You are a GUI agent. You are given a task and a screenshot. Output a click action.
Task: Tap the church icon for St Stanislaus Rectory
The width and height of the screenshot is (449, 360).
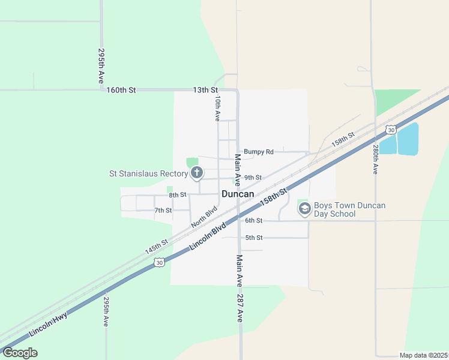click(196, 174)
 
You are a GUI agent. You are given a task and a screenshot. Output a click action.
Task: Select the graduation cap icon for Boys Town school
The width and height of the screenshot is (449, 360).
click(304, 209)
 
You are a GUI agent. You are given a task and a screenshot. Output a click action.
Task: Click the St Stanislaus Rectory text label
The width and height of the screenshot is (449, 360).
click(148, 174)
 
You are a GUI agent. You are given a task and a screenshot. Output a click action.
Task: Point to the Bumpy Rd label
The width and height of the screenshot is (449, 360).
click(259, 152)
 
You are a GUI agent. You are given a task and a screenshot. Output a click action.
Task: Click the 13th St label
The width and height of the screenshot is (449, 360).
click(205, 90)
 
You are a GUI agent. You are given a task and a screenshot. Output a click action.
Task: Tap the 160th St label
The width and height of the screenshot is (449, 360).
click(121, 90)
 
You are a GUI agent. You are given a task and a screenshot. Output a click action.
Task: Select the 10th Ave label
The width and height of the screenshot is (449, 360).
click(218, 107)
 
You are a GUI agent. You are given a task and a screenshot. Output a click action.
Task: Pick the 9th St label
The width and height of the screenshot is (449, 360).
click(253, 178)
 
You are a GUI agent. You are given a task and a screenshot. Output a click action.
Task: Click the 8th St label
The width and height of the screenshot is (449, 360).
click(178, 195)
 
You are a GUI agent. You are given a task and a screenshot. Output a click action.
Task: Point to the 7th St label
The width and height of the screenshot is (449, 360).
click(163, 211)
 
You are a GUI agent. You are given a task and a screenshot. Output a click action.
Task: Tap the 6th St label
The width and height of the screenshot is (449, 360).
click(254, 221)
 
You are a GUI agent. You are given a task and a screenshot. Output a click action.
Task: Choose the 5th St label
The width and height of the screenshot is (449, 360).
click(254, 238)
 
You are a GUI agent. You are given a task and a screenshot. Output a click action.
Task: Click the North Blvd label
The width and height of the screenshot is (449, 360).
click(203, 217)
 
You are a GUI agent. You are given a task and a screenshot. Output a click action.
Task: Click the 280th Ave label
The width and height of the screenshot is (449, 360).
click(375, 159)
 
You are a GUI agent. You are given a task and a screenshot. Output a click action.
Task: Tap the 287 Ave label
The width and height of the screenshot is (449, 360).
click(240, 308)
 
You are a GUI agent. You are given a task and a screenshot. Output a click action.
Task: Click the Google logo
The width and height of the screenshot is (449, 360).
click(20, 353)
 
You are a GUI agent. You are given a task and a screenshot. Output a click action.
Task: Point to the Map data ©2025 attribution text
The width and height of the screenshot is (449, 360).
click(423, 355)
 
